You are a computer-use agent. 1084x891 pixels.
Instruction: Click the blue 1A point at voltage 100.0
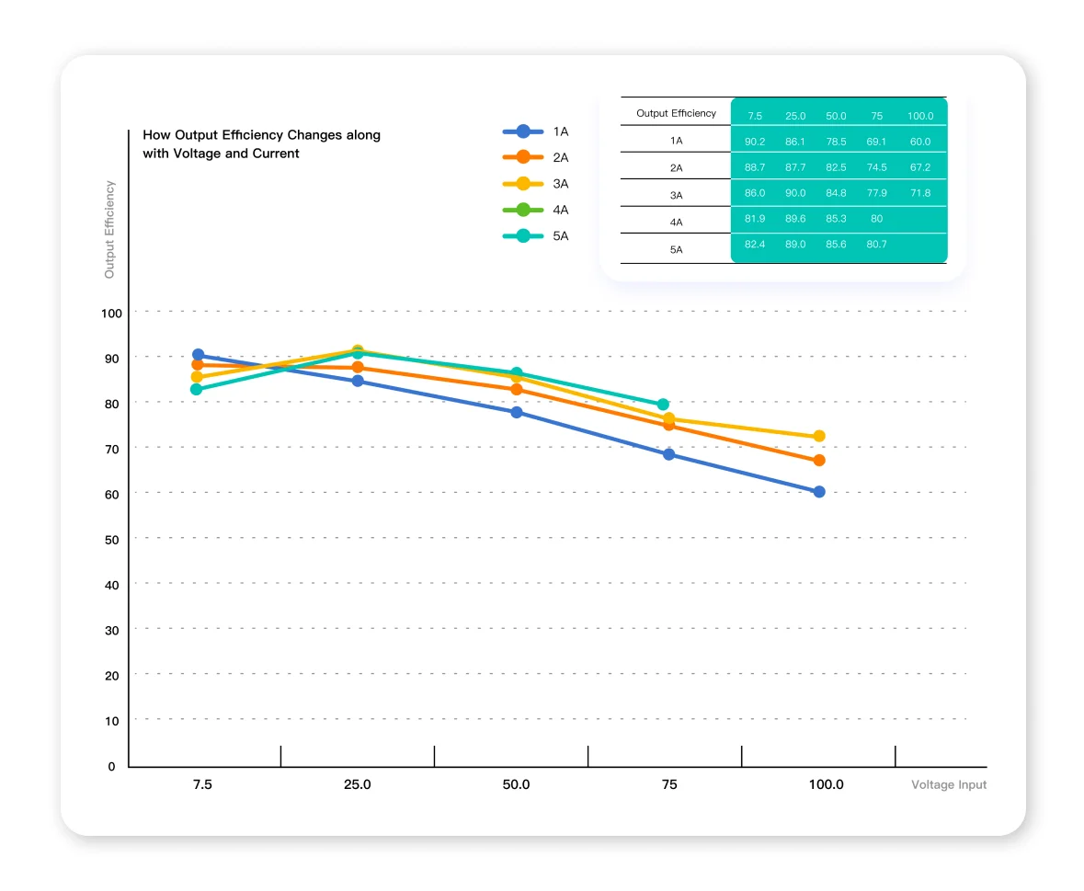click(819, 491)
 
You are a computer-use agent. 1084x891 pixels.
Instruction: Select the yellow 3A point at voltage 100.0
click(819, 436)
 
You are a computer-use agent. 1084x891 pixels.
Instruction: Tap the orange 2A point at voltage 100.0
click(819, 461)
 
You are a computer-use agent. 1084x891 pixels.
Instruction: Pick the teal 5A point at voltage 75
click(663, 405)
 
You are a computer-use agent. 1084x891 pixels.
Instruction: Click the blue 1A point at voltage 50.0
click(517, 413)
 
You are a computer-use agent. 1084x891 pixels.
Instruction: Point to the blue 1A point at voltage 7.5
click(198, 355)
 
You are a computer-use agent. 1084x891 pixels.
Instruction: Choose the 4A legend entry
click(536, 210)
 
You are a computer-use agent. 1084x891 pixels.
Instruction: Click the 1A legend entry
click(536, 131)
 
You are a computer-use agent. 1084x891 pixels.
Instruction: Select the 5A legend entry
click(536, 235)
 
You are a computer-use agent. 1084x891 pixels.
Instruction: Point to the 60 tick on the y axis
click(111, 494)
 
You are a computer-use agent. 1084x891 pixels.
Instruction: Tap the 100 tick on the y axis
click(111, 314)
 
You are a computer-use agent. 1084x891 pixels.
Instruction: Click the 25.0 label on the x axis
click(358, 784)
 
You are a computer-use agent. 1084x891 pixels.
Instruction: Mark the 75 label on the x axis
click(669, 784)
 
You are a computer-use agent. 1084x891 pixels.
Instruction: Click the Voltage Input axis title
click(949, 784)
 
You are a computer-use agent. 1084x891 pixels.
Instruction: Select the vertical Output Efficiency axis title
click(109, 230)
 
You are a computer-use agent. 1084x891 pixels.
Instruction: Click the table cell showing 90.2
click(755, 142)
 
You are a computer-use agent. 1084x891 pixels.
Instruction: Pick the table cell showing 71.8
click(920, 193)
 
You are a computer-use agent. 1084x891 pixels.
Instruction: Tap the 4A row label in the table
click(676, 222)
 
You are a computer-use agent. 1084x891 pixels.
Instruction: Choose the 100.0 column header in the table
click(920, 116)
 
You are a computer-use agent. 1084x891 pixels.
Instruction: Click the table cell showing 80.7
click(876, 244)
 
